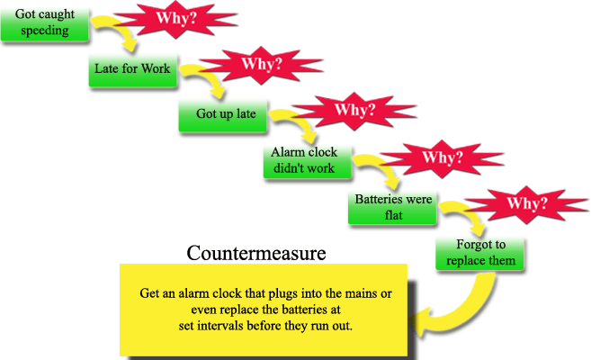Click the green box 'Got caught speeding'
[46, 22]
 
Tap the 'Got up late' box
[219, 114]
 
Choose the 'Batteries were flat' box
[390, 206]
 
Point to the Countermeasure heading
[255, 253]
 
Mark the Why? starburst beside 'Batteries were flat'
[528, 203]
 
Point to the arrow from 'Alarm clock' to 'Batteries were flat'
[378, 171]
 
